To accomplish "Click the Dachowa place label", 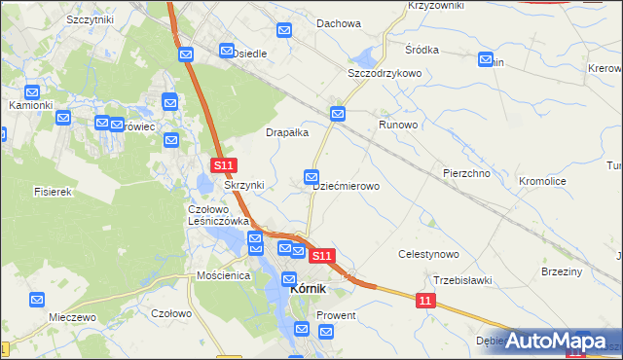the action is [x=339, y=24].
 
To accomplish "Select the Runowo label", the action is [x=398, y=126].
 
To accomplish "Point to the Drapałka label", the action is [x=288, y=132].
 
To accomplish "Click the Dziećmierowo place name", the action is [x=346, y=185].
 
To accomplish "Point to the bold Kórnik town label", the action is [x=305, y=289].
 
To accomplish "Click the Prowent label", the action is [x=335, y=316].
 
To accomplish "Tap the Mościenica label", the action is [x=223, y=276].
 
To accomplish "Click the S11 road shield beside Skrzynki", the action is [x=223, y=167].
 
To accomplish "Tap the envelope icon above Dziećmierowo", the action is [x=311, y=176].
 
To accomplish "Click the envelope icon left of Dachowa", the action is [x=284, y=32].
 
